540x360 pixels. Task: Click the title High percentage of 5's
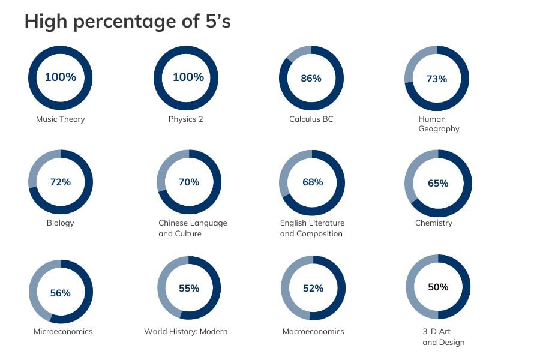pos(127,22)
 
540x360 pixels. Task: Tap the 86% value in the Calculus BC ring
pos(311,79)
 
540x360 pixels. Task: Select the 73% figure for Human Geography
pos(437,79)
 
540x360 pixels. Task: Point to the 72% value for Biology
pos(60,182)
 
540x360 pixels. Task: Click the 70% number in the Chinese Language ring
pos(189,182)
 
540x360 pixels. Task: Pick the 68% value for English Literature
pos(313,182)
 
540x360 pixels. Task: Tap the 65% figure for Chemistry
pos(438,183)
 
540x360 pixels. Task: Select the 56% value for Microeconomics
pos(60,293)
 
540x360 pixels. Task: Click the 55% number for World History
pos(189,289)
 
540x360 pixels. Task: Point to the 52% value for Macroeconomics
pos(313,289)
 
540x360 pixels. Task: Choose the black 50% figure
pos(438,287)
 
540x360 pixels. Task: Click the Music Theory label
pos(60,119)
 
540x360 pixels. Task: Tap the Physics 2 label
pos(185,119)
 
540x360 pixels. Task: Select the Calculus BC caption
pos(311,119)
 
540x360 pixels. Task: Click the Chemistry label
pos(434,223)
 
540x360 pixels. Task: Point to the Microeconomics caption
pos(63,331)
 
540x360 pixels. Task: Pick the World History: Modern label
pos(185,331)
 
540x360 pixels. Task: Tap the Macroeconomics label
pos(313,331)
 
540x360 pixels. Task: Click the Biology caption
pos(60,223)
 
